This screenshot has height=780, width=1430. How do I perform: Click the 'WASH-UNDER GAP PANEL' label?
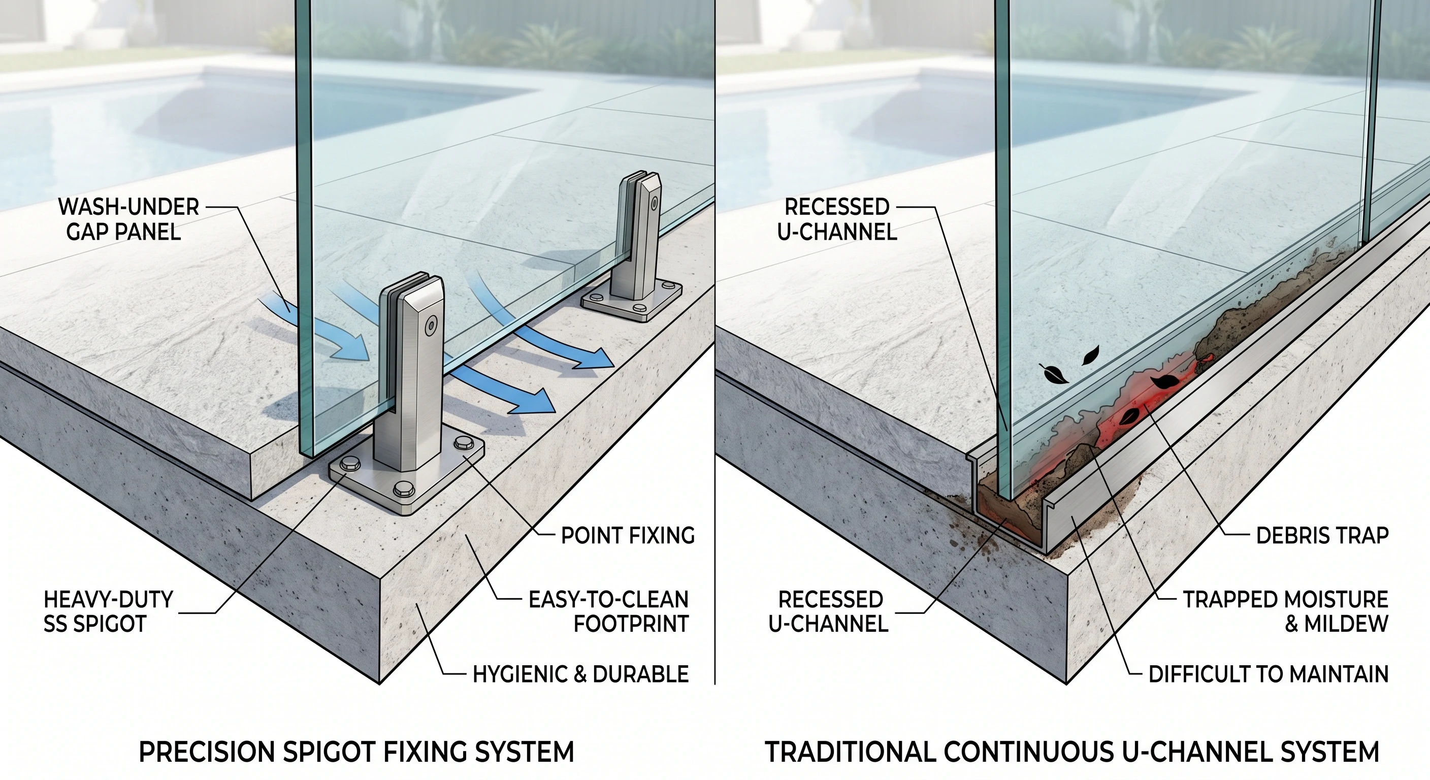click(x=127, y=219)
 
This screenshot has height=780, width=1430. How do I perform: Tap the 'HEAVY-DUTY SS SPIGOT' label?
click(x=108, y=612)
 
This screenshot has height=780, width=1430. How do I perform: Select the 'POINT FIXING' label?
click(x=627, y=536)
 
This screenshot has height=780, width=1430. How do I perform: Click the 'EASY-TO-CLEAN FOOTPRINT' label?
click(x=608, y=612)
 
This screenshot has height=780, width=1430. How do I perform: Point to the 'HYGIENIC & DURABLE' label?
click(x=580, y=674)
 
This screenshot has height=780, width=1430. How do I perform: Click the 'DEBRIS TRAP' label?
click(x=1322, y=536)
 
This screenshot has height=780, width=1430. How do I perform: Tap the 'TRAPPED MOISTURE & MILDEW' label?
click(x=1285, y=612)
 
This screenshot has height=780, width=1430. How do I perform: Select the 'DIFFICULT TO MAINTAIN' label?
click(x=1268, y=674)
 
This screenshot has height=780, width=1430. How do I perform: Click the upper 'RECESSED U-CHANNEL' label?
click(x=837, y=219)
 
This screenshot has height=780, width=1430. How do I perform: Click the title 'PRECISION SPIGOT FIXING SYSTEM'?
click(x=356, y=752)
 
